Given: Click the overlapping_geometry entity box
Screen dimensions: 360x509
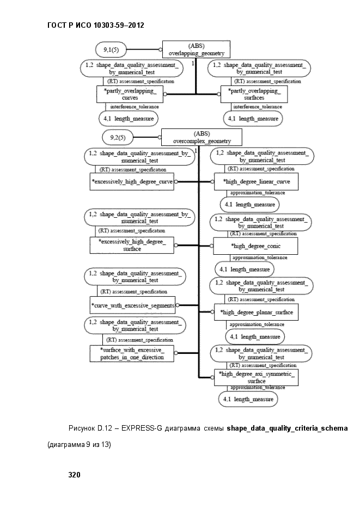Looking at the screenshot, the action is (196, 50).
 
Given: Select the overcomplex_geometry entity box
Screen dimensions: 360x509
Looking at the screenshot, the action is (202, 137).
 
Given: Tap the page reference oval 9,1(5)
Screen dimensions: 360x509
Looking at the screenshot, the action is (111, 50).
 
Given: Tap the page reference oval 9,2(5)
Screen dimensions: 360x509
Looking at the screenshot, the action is (118, 137).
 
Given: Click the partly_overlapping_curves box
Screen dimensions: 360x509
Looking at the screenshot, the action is (130, 94).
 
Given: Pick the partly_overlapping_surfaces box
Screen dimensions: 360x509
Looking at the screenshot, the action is (254, 94).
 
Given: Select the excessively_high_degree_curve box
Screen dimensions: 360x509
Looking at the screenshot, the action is (132, 181).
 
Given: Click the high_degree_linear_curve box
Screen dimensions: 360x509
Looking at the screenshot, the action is (256, 181).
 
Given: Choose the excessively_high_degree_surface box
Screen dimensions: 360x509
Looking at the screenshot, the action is (132, 245).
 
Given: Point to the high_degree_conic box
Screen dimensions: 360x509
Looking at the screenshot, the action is (255, 246).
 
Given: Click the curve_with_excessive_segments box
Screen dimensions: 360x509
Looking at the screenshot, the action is (132, 305).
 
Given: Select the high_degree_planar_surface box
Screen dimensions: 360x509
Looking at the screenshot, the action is (256, 312).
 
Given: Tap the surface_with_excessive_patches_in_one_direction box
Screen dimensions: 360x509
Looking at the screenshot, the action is (132, 353).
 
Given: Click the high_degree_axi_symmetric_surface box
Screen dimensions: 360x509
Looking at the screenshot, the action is (256, 377).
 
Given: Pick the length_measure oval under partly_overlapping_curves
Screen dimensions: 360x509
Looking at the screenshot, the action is (129, 119).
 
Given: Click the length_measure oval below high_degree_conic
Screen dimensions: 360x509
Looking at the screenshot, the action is (245, 269).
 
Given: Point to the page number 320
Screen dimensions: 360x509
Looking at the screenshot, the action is (74, 475).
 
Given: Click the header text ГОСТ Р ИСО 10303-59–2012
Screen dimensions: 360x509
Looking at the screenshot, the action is (96, 26).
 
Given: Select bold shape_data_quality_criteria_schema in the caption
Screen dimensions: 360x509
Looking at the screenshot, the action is (287, 428).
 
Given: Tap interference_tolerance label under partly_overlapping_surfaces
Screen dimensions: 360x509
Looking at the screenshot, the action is (258, 107).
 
